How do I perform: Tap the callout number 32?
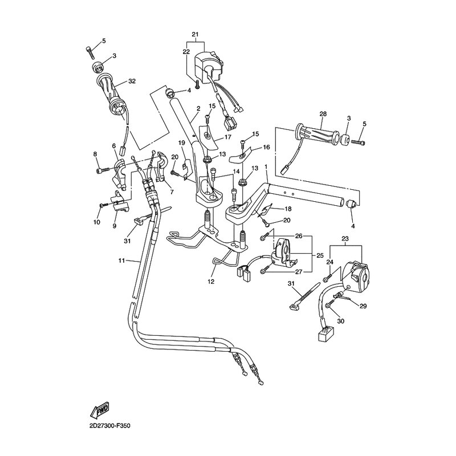point(132,82)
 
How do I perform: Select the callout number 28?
point(323,115)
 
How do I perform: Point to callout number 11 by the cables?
point(121,260)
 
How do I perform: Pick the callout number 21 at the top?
point(196,35)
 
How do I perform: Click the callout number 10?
point(96,221)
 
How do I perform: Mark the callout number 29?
point(363,306)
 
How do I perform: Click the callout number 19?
point(181,142)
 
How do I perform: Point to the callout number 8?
point(95,154)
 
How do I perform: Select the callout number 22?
point(185,52)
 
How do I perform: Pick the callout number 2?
point(198,108)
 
